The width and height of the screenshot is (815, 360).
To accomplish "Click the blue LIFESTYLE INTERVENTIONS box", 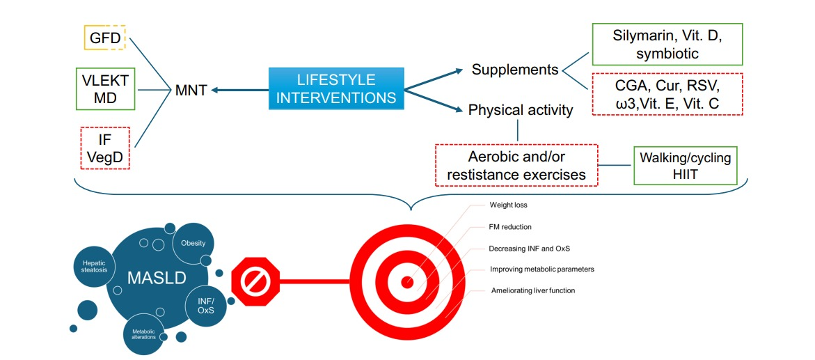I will tap(336, 88).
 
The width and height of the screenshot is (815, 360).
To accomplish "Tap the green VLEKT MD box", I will tap(104, 88).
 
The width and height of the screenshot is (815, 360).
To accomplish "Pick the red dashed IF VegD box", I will tap(104, 148).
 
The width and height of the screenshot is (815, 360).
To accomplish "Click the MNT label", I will tap(190, 89).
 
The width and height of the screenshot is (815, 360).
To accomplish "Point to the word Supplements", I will tap(515, 70).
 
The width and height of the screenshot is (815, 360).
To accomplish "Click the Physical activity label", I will tap(521, 110).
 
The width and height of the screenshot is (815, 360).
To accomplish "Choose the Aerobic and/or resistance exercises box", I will tap(516, 166).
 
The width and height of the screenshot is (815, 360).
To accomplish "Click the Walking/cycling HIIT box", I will tap(685, 166).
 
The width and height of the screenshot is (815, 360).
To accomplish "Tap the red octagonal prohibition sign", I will tap(255, 281).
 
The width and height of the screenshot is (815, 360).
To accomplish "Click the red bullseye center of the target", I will tap(407, 281).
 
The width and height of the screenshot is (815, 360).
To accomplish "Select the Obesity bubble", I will tap(193, 244).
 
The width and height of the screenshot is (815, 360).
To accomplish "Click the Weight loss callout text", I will tap(507, 205).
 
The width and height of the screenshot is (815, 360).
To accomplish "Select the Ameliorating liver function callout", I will tap(532, 290).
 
